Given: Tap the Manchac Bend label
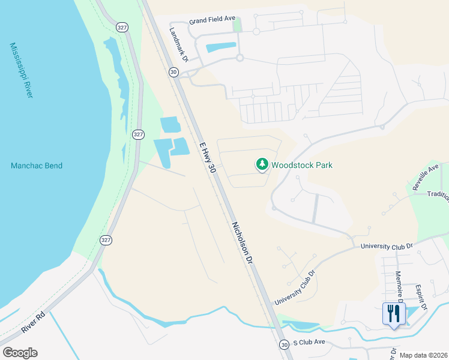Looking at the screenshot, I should click(37, 166).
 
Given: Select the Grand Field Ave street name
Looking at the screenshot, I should click(212, 20).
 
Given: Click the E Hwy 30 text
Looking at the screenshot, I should click(206, 158).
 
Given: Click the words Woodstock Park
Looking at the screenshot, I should click(301, 165).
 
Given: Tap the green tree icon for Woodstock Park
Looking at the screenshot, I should click(262, 163).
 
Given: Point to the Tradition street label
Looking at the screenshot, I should click(437, 195).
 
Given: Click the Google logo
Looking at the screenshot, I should click(20, 353).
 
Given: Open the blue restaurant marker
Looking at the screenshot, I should click(394, 314).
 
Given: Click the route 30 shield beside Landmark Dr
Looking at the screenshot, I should click(174, 72).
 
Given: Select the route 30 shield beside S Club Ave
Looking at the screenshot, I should click(283, 344).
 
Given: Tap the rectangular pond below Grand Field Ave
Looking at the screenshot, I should click(221, 47).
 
